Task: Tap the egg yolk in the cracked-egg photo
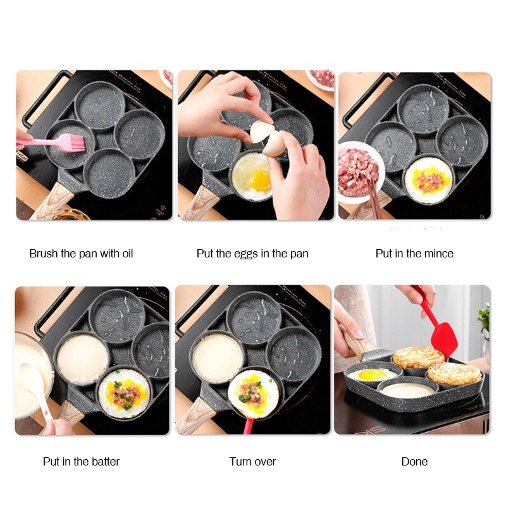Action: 260,180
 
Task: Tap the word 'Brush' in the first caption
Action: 44,254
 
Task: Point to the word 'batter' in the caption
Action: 102,462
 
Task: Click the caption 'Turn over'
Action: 252,462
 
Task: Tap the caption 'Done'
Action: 414,462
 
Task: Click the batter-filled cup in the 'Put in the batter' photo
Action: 82,359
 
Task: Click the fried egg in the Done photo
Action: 371,374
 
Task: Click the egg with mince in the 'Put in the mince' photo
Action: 428,179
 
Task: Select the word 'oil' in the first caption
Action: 125,254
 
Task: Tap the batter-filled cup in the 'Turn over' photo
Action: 217,357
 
